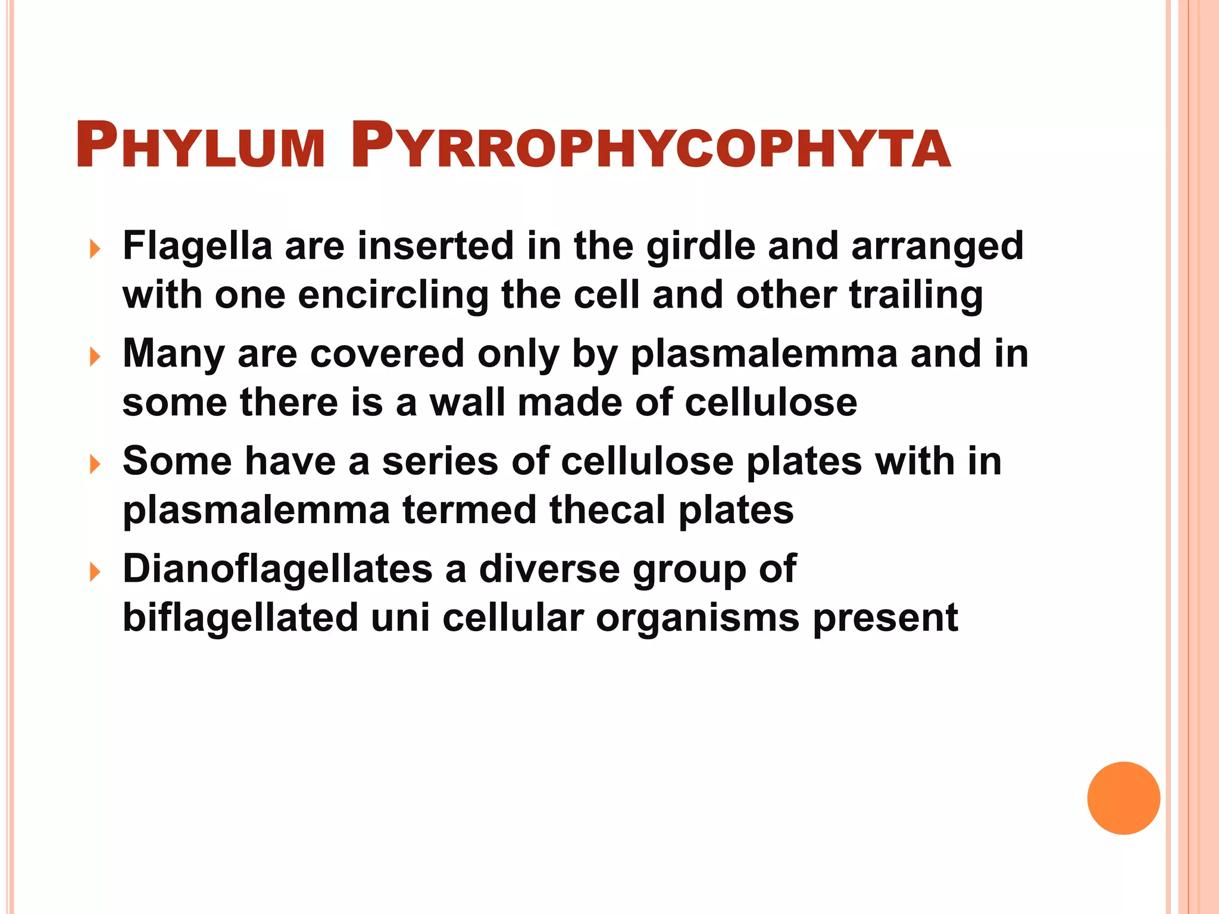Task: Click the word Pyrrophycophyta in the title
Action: tap(650, 146)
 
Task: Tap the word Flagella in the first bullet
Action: tap(197, 246)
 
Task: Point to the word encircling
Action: tap(393, 296)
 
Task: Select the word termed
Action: tap(470, 510)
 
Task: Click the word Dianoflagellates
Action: tap(277, 569)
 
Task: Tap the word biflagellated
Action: tap(240, 618)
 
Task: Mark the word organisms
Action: tap(698, 619)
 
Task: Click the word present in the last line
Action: tap(885, 619)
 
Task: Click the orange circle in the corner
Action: tap(1123, 798)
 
